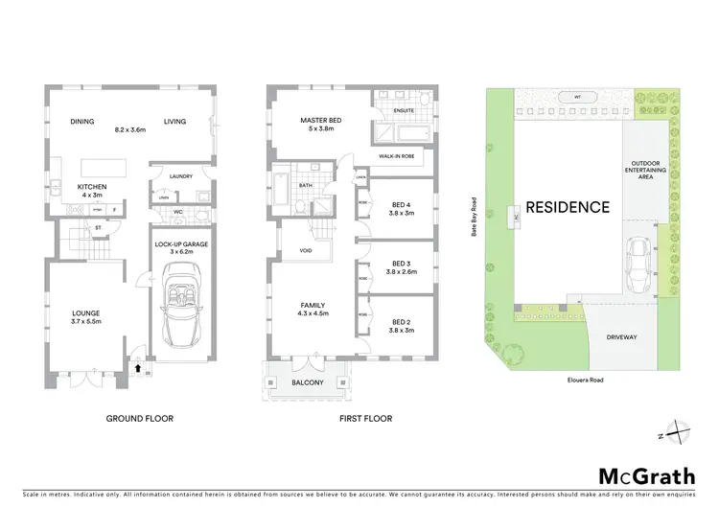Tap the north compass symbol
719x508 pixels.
pos(678,431)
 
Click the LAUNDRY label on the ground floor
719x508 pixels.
pos(180,176)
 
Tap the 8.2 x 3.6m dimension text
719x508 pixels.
pos(129,127)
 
